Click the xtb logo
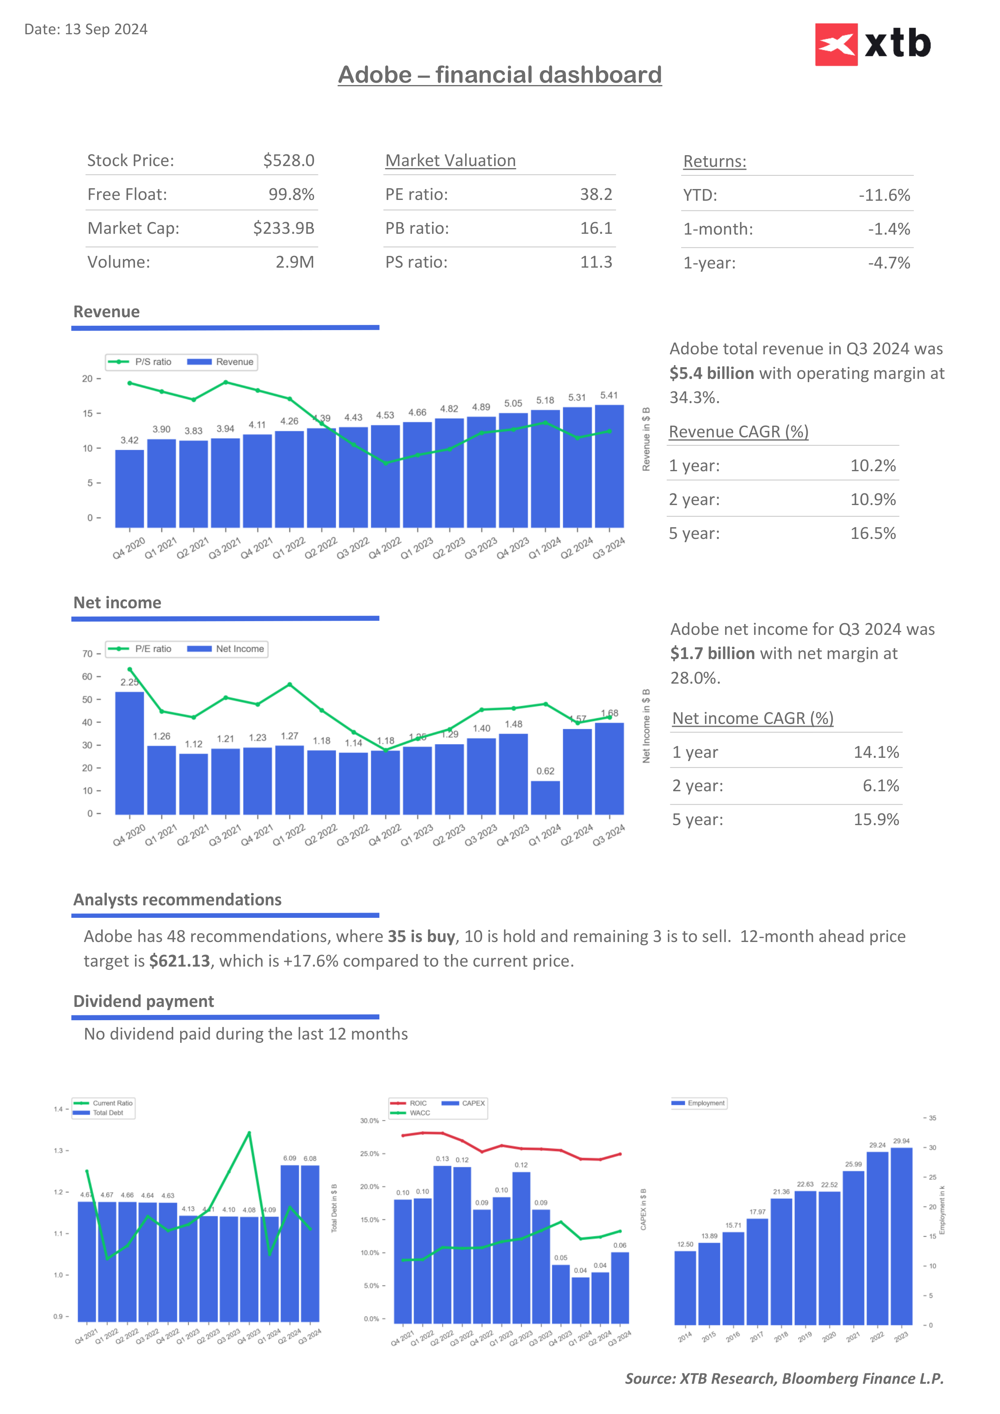pyautogui.click(x=873, y=44)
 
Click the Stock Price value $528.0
pyautogui.click(x=288, y=161)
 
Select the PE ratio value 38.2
pyautogui.click(x=595, y=195)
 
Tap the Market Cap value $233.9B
pyautogui.click(x=283, y=229)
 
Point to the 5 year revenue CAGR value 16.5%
pyautogui.click(x=873, y=533)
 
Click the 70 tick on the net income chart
pyautogui.click(x=87, y=654)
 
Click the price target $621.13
pyautogui.click(x=180, y=961)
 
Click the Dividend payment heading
pyautogui.click(x=143, y=1001)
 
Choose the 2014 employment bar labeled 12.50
pyautogui.click(x=685, y=1288)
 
